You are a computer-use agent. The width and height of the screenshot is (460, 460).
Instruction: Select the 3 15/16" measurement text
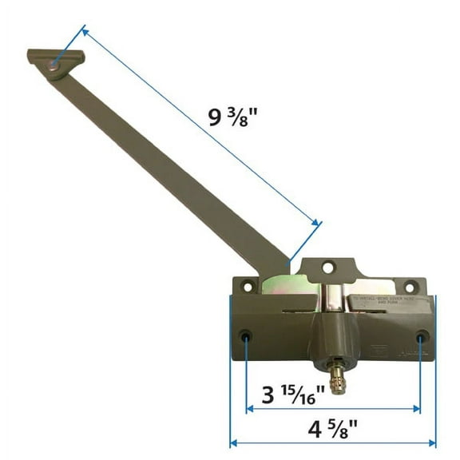point(299,394)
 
